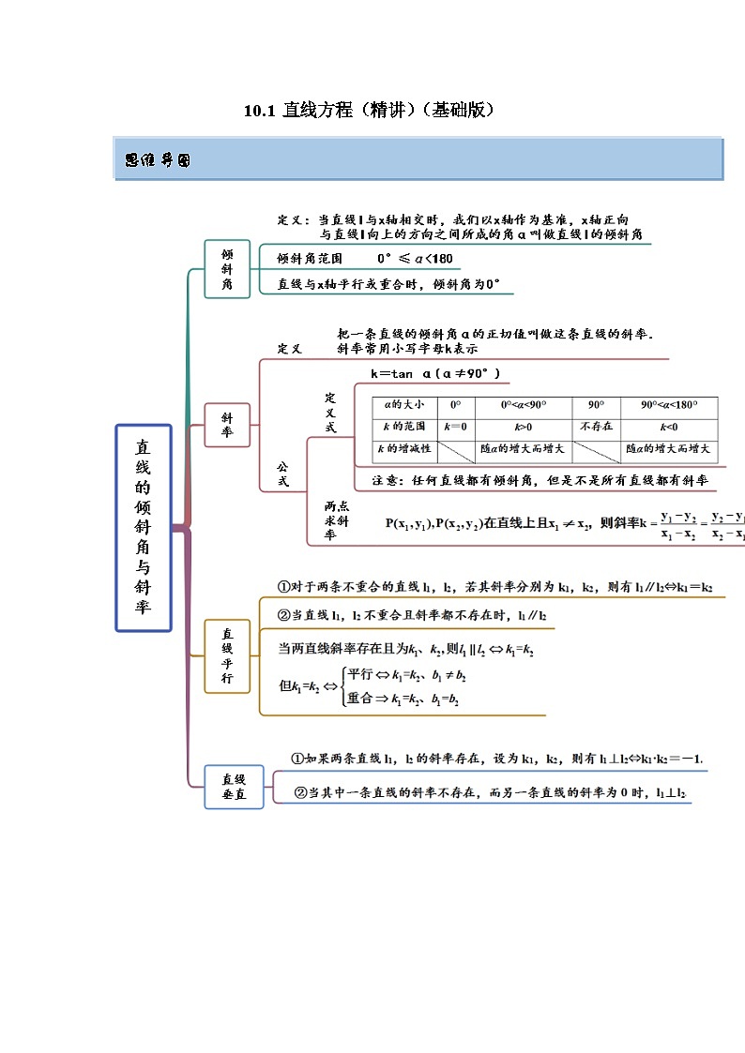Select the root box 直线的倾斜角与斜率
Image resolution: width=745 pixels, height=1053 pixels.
point(143,527)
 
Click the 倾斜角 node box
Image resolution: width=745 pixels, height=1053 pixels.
point(227,268)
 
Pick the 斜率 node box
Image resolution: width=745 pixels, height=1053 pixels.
point(227,425)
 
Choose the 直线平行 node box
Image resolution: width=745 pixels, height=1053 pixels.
point(227,655)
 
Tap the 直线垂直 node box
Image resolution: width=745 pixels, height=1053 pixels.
point(234,786)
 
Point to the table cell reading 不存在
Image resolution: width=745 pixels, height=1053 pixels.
point(595,428)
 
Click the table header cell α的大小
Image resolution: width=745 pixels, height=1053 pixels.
point(401,405)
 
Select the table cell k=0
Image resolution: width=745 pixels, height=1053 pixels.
point(455,428)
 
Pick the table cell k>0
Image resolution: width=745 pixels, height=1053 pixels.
point(523,428)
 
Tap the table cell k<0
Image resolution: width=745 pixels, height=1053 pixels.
point(669,428)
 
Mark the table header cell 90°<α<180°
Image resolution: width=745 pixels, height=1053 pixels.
point(669,405)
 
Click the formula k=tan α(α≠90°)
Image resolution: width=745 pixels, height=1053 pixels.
point(435,373)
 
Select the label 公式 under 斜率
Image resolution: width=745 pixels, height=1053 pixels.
point(281,474)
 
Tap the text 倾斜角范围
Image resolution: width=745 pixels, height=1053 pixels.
point(310,258)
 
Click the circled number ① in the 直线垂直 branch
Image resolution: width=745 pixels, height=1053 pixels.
point(296,758)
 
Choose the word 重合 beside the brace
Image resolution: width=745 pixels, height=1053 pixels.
point(359,698)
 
